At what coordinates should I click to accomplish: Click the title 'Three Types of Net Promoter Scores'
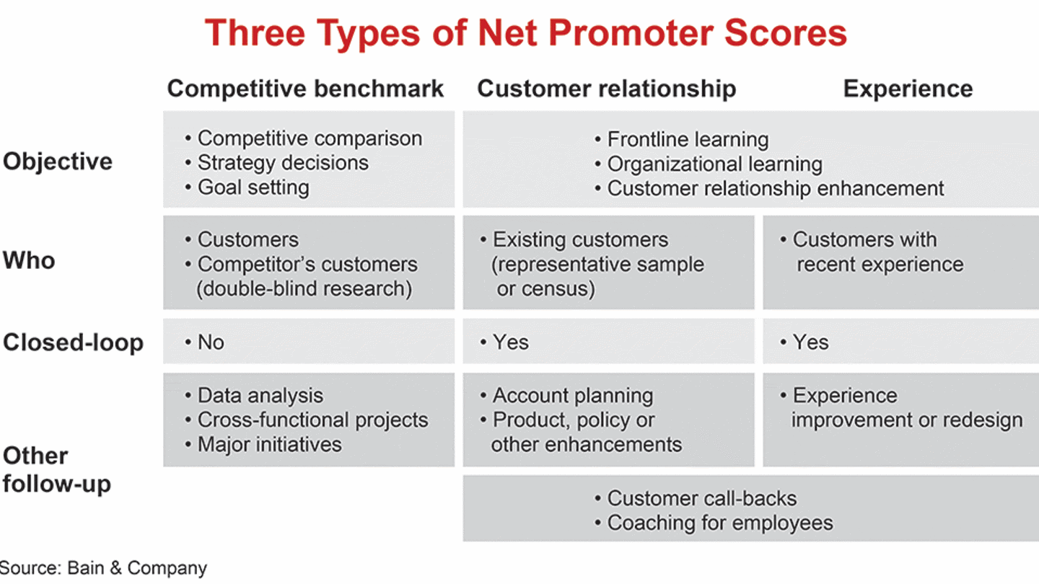[525, 32]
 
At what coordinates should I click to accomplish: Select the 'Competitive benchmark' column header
[305, 89]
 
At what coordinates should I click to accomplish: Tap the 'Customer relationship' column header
[606, 89]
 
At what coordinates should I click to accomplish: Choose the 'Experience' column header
[908, 89]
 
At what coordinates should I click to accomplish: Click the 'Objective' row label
[58, 161]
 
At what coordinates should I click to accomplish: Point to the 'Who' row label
[29, 260]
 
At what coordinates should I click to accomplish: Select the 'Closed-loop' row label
[73, 342]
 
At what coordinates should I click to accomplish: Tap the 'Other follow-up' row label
[56, 469]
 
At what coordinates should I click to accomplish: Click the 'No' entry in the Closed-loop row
[211, 342]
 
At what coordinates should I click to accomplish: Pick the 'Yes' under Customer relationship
[510, 342]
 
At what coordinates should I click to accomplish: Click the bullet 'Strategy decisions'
[283, 163]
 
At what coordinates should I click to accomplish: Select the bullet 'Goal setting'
[253, 187]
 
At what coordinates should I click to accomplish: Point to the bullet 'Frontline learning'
[688, 139]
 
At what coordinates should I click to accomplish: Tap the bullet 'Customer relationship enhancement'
[775, 188]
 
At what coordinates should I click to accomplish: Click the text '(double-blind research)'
[304, 288]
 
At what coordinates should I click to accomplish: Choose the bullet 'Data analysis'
[260, 396]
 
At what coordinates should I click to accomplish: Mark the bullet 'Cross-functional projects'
[312, 420]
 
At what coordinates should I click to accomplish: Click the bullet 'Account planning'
[572, 396]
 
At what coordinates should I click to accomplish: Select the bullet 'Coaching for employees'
[719, 523]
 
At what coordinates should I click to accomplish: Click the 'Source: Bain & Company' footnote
[103, 568]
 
